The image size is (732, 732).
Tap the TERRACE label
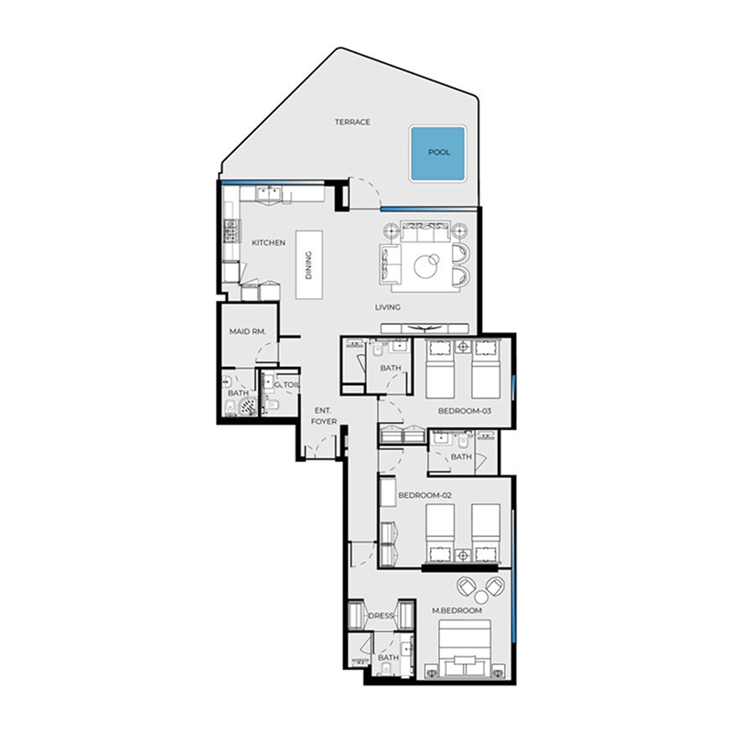(352, 122)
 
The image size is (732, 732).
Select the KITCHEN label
(269, 242)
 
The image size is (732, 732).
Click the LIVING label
(388, 307)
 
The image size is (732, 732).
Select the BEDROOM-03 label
(465, 411)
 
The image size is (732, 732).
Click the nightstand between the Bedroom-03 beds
(462, 348)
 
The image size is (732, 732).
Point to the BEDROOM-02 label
(425, 495)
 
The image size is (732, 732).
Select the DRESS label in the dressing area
(380, 616)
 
